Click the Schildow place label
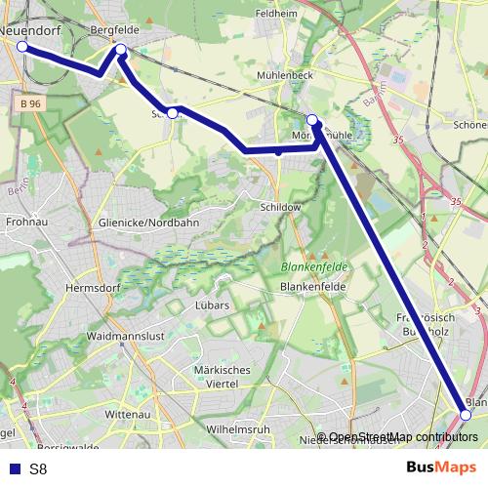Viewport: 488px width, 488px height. pos(279,208)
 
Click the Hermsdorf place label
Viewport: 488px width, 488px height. pos(90,288)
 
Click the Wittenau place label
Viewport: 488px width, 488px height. pos(124,414)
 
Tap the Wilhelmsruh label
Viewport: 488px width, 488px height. pos(238,429)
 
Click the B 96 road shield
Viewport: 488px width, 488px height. pos(29,102)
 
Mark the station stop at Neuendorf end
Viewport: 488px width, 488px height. pos(21,46)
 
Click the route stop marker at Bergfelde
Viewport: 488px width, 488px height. pos(121,49)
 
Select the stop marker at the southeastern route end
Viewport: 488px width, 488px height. pos(466,415)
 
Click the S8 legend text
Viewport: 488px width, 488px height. pos(38,469)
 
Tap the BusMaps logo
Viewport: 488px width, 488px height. pos(440,468)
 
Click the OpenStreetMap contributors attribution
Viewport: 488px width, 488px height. pos(402,436)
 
